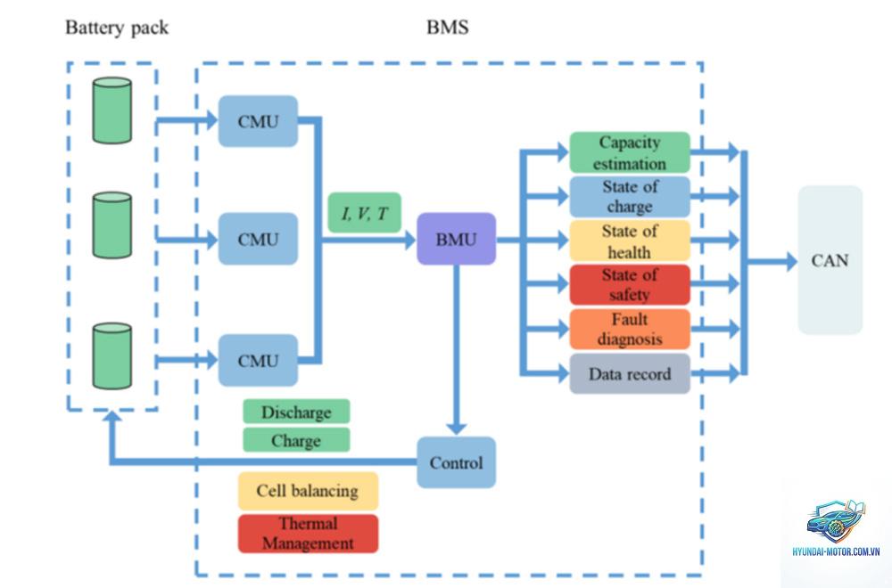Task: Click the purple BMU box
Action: (456, 239)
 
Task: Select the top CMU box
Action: (259, 121)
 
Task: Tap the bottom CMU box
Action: (259, 360)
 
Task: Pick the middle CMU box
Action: (259, 239)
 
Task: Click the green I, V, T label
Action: (365, 213)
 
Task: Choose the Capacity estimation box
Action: (630, 152)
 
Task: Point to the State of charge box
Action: (630, 197)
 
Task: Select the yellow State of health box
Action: (630, 241)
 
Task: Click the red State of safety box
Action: (630, 284)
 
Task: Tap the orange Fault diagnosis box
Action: (630, 329)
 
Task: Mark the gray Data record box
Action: (630, 374)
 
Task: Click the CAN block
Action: (830, 260)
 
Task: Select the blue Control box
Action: (456, 462)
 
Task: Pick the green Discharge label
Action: (296, 412)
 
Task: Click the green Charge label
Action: (296, 440)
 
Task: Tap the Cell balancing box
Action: (308, 491)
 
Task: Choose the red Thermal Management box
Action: (308, 534)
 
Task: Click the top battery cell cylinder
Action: (112, 110)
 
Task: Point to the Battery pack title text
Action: (117, 28)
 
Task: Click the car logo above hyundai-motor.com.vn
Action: (836, 521)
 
